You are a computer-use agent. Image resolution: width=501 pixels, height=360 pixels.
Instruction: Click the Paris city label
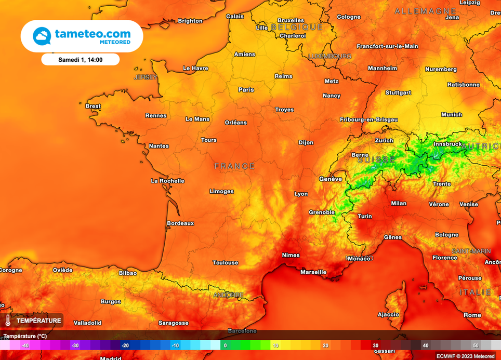coord(246,90)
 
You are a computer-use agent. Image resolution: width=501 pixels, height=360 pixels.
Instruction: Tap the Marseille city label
coord(313,272)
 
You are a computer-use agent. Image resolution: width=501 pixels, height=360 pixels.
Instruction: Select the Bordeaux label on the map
coord(180,223)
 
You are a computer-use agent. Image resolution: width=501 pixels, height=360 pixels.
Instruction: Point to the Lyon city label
coord(301,194)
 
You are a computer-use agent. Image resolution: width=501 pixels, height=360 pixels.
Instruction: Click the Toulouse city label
coord(226,263)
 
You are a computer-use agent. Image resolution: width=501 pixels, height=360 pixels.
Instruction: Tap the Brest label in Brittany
coord(93,106)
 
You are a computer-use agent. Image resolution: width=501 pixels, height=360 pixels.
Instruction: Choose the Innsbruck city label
coord(447,144)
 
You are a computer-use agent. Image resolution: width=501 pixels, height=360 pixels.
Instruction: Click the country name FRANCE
coord(235,166)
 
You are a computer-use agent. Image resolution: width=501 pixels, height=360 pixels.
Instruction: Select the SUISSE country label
coord(376,160)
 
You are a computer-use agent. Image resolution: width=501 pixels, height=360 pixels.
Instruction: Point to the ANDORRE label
coord(228,295)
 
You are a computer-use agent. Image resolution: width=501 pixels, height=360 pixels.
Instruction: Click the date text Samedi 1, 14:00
coord(80,60)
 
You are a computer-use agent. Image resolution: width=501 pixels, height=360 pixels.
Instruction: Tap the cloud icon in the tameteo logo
coord(42,36)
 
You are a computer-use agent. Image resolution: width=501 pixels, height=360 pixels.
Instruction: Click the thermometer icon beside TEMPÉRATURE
coord(8,321)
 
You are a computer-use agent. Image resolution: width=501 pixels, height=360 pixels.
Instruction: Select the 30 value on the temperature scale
coord(375,345)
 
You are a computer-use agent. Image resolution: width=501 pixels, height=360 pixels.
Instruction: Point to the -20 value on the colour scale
coord(125,345)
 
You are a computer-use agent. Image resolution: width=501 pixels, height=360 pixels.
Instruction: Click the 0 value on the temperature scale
coord(225,345)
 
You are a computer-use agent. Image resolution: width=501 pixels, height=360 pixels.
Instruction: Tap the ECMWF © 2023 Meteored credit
coord(465,356)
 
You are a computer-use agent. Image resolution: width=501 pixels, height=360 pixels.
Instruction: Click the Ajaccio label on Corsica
coord(388,314)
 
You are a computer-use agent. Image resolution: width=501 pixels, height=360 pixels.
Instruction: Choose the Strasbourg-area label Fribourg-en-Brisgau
coord(368,119)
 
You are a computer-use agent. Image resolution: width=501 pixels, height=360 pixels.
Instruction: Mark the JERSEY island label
coord(145,77)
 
